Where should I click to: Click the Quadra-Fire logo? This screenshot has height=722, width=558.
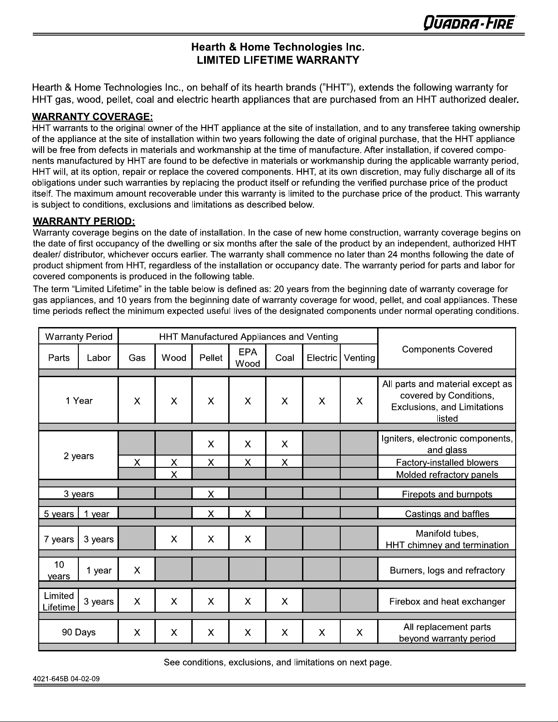470,22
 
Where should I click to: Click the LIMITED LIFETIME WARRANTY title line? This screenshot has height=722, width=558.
278,60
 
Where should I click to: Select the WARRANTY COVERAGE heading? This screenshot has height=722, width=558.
92,118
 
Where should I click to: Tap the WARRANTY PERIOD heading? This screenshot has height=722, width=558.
84,221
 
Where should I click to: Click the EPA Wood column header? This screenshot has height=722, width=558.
247,358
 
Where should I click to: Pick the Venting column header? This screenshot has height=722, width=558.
359,358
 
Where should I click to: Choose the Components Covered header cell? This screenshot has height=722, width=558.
447,349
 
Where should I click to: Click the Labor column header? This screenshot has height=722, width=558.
98,358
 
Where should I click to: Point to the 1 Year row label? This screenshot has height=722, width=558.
79,401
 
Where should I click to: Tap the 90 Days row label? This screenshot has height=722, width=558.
79,632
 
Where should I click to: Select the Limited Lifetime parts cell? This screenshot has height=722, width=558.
59,601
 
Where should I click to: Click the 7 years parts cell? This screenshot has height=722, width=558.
59,539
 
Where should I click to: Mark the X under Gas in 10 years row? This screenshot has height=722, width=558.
137,570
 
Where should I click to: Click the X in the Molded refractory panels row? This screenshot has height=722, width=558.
174,475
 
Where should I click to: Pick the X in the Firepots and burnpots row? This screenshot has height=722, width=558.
211,494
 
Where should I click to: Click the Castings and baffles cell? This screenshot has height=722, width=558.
447,514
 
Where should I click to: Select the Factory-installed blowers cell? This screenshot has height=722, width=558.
447,462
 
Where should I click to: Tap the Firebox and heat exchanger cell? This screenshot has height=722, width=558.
447,601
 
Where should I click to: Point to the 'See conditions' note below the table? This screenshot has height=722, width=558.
278,662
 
